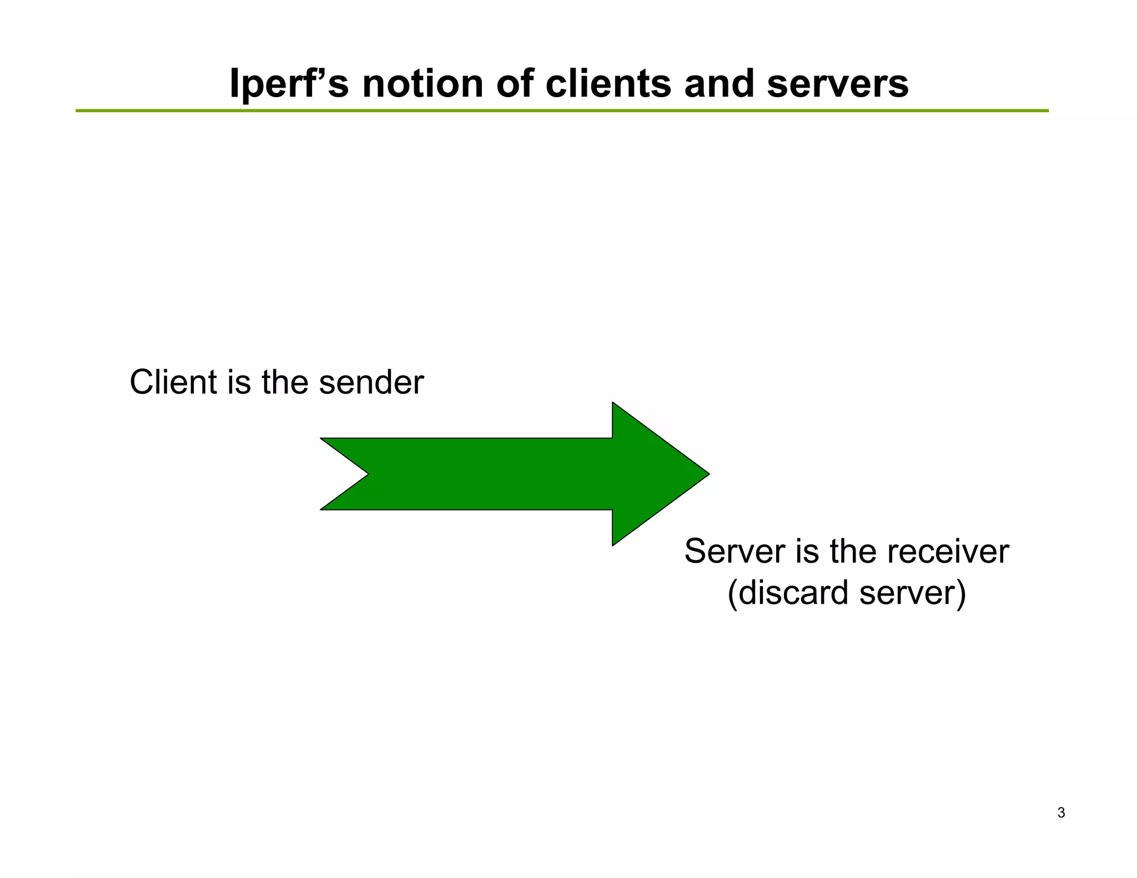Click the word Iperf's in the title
(289, 84)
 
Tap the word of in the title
(514, 84)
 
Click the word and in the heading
(718, 84)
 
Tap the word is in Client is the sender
(239, 382)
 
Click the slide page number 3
(1061, 813)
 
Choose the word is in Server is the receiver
(807, 552)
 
